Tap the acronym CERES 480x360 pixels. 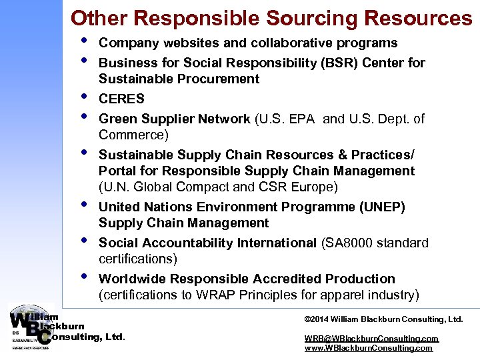point(121,99)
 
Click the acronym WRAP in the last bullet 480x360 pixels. point(215,295)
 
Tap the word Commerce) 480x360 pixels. point(133,135)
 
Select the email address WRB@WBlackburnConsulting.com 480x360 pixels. point(371,339)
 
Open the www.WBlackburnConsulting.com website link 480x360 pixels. point(368,348)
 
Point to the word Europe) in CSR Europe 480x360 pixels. point(315,187)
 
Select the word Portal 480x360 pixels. point(118,171)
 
